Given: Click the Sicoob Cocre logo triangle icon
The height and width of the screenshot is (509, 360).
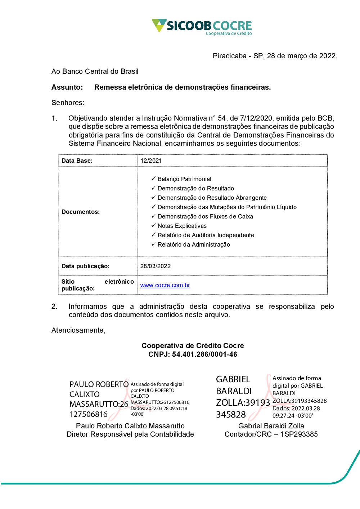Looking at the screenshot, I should (159, 25).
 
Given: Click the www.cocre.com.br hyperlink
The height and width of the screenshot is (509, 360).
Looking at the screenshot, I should (165, 285).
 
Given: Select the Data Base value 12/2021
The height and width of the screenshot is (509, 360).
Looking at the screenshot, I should (151, 161).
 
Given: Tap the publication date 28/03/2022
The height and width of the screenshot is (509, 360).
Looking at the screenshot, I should (156, 266).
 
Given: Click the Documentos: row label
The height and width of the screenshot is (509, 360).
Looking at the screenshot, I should (81, 212).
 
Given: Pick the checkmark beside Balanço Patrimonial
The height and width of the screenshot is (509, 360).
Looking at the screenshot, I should (153, 179).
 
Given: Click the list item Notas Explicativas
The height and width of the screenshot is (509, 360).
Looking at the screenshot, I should (182, 226).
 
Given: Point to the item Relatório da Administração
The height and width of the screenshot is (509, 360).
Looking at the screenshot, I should (194, 245).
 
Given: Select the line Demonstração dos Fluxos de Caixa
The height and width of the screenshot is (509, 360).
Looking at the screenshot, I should (205, 217).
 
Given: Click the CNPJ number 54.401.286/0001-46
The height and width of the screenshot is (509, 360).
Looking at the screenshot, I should (204, 355).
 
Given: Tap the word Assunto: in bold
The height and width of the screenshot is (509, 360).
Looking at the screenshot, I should (67, 87).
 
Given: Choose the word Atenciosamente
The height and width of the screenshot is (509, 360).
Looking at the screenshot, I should (78, 330).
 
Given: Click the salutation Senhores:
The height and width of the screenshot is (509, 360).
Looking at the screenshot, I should (68, 103).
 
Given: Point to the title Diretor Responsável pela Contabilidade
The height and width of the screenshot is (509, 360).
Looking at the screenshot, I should (130, 434).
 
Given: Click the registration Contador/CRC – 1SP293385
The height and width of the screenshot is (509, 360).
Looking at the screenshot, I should (271, 434).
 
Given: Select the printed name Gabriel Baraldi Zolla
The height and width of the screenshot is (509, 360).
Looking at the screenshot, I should (271, 426).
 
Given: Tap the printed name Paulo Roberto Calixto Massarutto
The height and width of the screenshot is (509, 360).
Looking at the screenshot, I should (130, 426).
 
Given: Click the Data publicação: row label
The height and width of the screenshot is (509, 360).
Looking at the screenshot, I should (85, 266).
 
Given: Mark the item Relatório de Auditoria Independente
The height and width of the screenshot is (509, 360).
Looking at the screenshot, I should (206, 235).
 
